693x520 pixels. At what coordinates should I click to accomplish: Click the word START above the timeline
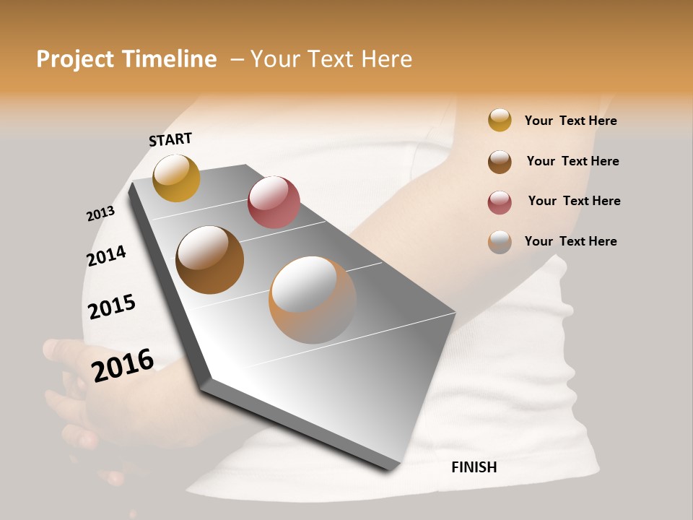click(x=170, y=139)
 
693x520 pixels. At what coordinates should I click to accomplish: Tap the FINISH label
click(x=474, y=467)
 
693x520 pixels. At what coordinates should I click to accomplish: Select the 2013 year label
click(x=100, y=214)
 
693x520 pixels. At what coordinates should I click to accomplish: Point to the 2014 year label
click(x=106, y=256)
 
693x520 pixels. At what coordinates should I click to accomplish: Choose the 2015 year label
click(x=112, y=306)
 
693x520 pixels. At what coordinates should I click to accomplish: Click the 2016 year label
click(x=123, y=365)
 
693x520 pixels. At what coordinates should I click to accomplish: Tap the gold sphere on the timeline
click(x=176, y=178)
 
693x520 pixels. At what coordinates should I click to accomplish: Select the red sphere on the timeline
click(x=274, y=201)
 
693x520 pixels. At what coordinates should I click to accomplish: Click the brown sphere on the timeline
click(x=209, y=260)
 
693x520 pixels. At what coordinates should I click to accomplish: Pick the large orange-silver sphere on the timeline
click(x=313, y=300)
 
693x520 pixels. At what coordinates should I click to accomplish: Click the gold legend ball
click(x=500, y=120)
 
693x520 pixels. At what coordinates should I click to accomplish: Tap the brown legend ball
click(x=500, y=162)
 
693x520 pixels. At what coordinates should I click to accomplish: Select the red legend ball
click(x=500, y=202)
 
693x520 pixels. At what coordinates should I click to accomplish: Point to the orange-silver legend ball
click(x=500, y=242)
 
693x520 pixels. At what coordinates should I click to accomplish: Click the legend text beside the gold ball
click(x=570, y=121)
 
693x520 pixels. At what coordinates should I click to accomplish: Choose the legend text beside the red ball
click(x=574, y=201)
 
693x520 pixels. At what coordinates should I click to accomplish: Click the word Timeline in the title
click(x=170, y=59)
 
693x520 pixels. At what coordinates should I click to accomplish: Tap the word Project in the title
click(x=75, y=59)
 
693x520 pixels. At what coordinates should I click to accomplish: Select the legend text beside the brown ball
click(x=572, y=161)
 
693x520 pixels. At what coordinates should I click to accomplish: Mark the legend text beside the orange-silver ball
click(x=570, y=241)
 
